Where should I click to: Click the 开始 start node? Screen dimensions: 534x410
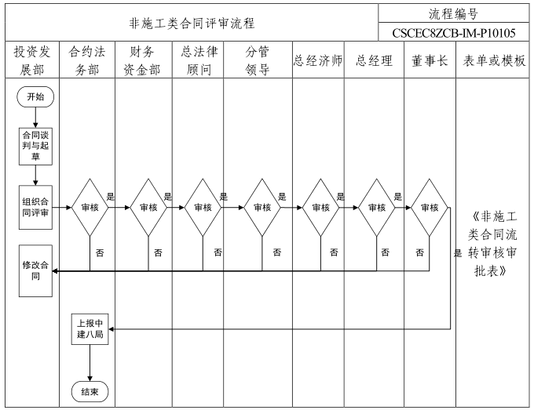(35, 97)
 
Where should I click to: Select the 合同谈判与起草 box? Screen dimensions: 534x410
(35, 146)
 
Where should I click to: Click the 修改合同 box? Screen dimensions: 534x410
(35, 271)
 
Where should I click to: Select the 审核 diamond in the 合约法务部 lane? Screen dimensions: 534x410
(90, 208)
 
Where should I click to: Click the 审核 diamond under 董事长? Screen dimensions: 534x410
(430, 208)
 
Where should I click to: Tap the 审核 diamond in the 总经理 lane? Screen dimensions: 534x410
(377, 208)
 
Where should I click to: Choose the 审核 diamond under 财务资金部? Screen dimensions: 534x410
(148, 208)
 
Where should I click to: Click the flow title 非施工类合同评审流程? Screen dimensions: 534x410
(192, 24)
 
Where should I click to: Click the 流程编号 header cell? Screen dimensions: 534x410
(455, 13)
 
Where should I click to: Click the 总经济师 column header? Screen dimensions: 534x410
(318, 61)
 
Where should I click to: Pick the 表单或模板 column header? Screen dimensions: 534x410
(494, 61)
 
